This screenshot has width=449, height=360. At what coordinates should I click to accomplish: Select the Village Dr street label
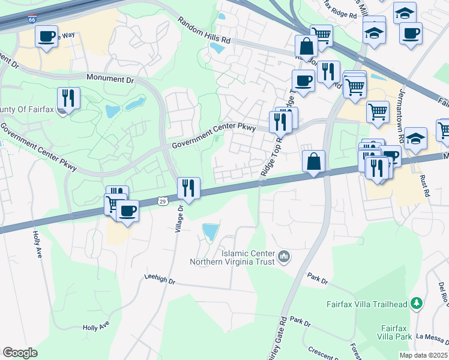pos(179,221)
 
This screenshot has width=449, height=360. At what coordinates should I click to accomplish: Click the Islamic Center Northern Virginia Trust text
pos(232,257)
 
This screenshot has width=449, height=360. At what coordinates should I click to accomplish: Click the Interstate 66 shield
pos(32,20)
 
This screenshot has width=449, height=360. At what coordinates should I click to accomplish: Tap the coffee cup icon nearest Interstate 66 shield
pos(46,36)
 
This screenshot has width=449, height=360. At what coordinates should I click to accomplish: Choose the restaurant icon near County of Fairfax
pos(69,97)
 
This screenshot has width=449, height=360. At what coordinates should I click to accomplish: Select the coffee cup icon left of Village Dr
pos(127,210)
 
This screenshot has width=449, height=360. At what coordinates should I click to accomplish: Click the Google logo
pos(20,352)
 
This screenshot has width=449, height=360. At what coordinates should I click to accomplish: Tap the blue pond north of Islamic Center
pos(211,232)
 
